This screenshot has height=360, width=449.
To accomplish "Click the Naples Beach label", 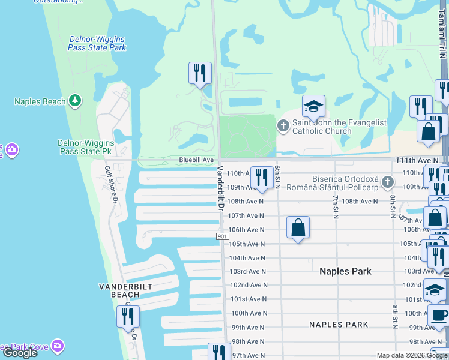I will [40, 101].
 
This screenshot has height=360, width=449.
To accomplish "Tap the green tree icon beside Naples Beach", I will [75, 100].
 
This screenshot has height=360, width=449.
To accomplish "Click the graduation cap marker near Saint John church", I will [313, 107].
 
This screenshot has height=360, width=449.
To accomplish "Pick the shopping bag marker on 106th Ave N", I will [298, 228].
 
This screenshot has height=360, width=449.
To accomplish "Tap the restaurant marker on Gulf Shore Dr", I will [128, 317].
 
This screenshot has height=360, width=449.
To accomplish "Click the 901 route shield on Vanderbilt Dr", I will [221, 237].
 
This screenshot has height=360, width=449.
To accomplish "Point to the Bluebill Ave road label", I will [196, 160].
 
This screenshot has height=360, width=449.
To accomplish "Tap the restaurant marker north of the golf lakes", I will [200, 74].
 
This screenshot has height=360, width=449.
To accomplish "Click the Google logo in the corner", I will [20, 353].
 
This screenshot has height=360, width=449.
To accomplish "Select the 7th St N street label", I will [336, 206].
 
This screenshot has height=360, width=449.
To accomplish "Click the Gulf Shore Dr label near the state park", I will [110, 185].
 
